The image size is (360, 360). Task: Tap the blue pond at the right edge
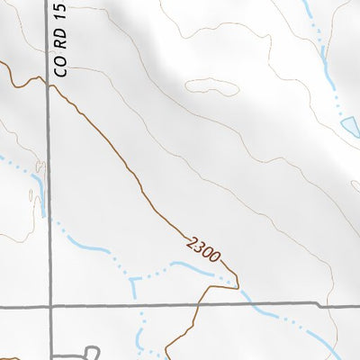(x=346, y=127)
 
